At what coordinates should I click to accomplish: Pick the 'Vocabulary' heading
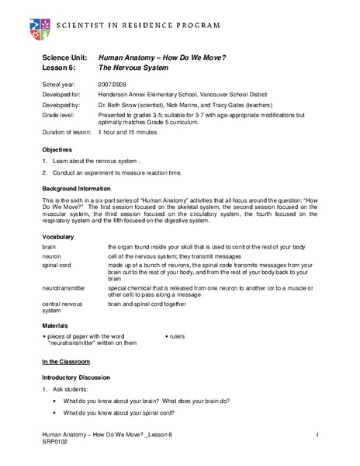pos(59,235)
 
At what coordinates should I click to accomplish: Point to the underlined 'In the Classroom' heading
pos(66,362)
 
